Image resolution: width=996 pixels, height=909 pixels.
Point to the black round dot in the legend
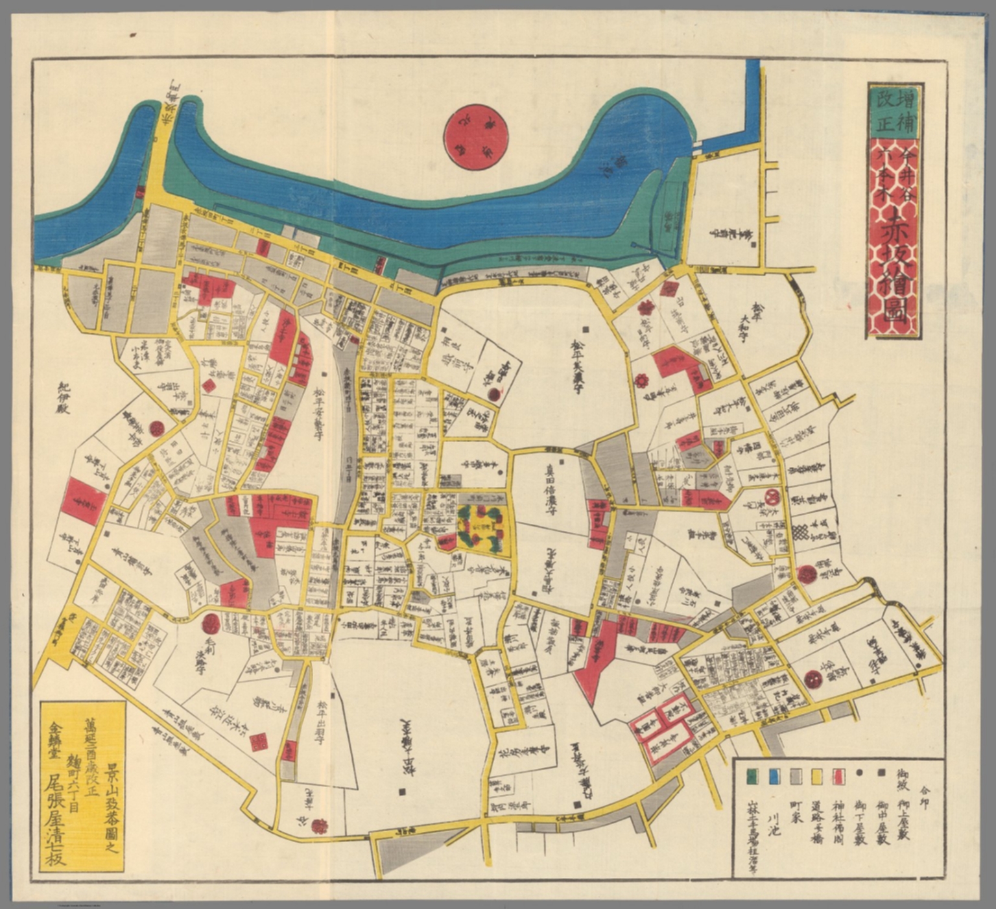[860, 774]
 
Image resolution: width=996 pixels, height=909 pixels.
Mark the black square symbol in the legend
[881, 774]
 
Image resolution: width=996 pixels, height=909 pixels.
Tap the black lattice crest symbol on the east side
[804, 533]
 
